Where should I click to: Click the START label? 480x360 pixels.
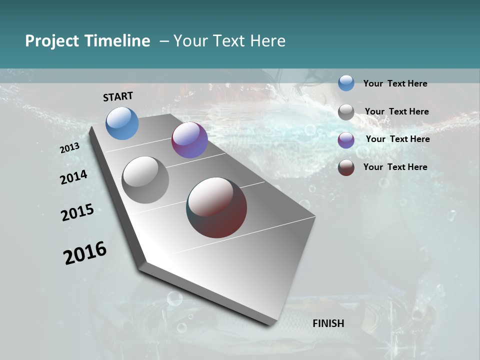(x=118, y=96)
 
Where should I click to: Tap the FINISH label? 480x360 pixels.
(x=328, y=323)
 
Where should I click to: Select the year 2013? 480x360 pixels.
(x=69, y=148)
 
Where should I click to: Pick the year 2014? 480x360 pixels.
(x=73, y=177)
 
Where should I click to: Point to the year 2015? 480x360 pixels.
(x=77, y=212)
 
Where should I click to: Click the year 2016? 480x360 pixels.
(x=85, y=252)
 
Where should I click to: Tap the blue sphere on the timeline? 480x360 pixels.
(x=122, y=123)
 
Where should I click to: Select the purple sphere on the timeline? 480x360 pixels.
(x=189, y=140)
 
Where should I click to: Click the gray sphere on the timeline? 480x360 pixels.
(x=145, y=180)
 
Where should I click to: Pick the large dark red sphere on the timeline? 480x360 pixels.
(x=216, y=207)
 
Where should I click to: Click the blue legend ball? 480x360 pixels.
(x=346, y=83)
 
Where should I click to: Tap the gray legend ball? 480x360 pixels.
(x=346, y=112)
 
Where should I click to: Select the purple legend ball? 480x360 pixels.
(x=346, y=140)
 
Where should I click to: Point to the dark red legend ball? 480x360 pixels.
(x=346, y=167)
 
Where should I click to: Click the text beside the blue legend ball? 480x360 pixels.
(x=395, y=83)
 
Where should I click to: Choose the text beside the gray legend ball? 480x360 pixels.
(x=396, y=111)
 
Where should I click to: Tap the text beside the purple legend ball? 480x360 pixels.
(x=397, y=139)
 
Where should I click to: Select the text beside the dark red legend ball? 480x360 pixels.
(x=395, y=167)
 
